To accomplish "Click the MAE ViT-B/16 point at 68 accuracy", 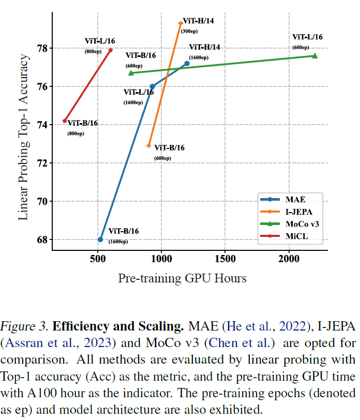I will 100,239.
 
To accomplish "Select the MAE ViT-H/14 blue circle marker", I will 187,63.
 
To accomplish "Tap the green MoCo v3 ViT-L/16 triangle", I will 314,55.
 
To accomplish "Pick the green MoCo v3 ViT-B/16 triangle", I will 131,73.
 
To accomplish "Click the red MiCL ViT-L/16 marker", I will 111,50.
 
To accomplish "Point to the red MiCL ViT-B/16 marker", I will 65,121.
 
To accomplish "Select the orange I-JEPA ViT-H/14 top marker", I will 181,23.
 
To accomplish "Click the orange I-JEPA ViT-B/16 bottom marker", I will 149,146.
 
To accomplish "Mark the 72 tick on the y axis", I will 41,163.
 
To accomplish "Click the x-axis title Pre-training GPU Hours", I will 182,278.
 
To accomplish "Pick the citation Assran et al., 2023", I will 44,342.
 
